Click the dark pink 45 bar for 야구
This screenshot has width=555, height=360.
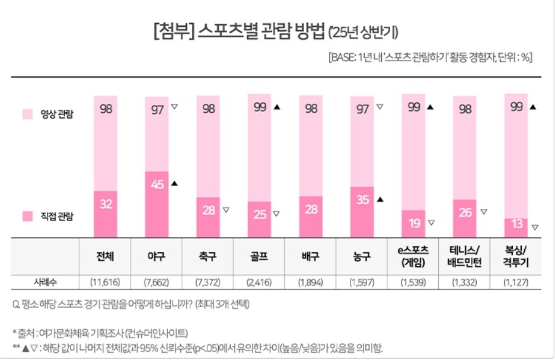coord(157,205)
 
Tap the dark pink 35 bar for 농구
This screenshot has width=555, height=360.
coord(362,212)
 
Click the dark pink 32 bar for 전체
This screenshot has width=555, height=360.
coord(106,214)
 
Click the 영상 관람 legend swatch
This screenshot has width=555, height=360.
coord(27,114)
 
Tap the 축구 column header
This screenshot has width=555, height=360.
coord(208,257)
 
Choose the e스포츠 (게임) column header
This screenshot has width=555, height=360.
coord(414,257)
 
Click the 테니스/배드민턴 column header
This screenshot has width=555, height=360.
coord(465,257)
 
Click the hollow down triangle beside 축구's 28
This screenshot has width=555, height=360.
coord(225,209)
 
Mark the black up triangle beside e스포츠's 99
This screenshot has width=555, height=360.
coord(431,107)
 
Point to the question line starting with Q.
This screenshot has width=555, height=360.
coord(130,305)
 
